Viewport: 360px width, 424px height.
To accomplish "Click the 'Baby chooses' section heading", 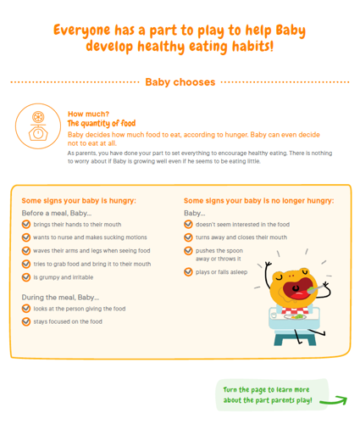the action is tap(180, 82).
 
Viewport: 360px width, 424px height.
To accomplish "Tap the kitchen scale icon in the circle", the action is tap(38, 126).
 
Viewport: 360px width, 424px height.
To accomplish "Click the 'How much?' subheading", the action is tap(88, 114).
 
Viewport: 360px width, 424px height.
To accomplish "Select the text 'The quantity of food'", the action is tap(102, 123).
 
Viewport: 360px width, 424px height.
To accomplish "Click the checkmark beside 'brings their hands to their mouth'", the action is tap(26, 225).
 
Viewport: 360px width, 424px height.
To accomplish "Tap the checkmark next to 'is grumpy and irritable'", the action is tap(26, 277).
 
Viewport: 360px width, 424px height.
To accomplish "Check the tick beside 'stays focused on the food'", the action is tap(26, 321).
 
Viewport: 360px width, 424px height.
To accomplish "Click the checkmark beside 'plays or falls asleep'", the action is tap(188, 272).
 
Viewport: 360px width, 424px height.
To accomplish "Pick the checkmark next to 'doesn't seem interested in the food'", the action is tap(188, 225).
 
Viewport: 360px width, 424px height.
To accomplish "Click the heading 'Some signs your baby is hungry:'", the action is tap(79, 201).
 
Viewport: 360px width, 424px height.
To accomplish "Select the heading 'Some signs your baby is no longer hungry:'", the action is tap(259, 201).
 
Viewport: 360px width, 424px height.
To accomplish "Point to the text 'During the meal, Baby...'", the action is tap(60, 298).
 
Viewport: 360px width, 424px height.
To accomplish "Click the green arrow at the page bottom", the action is tap(334, 400).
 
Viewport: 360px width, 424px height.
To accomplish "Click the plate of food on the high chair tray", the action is tap(295, 317).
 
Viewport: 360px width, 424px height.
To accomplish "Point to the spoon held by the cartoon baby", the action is tap(316, 289).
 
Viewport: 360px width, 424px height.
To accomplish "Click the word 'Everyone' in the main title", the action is tap(82, 31).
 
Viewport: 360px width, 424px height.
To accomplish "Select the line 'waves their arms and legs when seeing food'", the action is tap(91, 251).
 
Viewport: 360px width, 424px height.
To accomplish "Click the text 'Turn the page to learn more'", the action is tap(266, 390).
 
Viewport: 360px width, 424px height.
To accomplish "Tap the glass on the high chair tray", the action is tap(273, 315).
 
